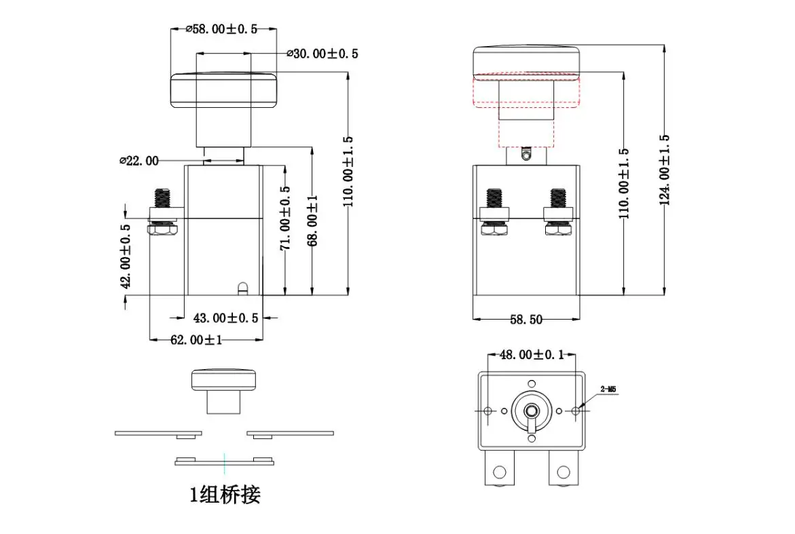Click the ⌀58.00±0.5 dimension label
click(x=221, y=29)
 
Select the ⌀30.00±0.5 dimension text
click(x=322, y=53)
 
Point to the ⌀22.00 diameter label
click(x=139, y=161)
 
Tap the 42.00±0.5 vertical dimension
click(x=126, y=256)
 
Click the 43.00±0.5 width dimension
click(x=225, y=318)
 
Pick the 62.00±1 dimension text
click(x=196, y=339)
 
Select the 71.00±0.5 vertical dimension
click(x=285, y=218)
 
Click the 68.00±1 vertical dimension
click(x=313, y=221)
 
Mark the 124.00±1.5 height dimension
click(x=664, y=170)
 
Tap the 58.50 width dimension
click(x=525, y=319)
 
